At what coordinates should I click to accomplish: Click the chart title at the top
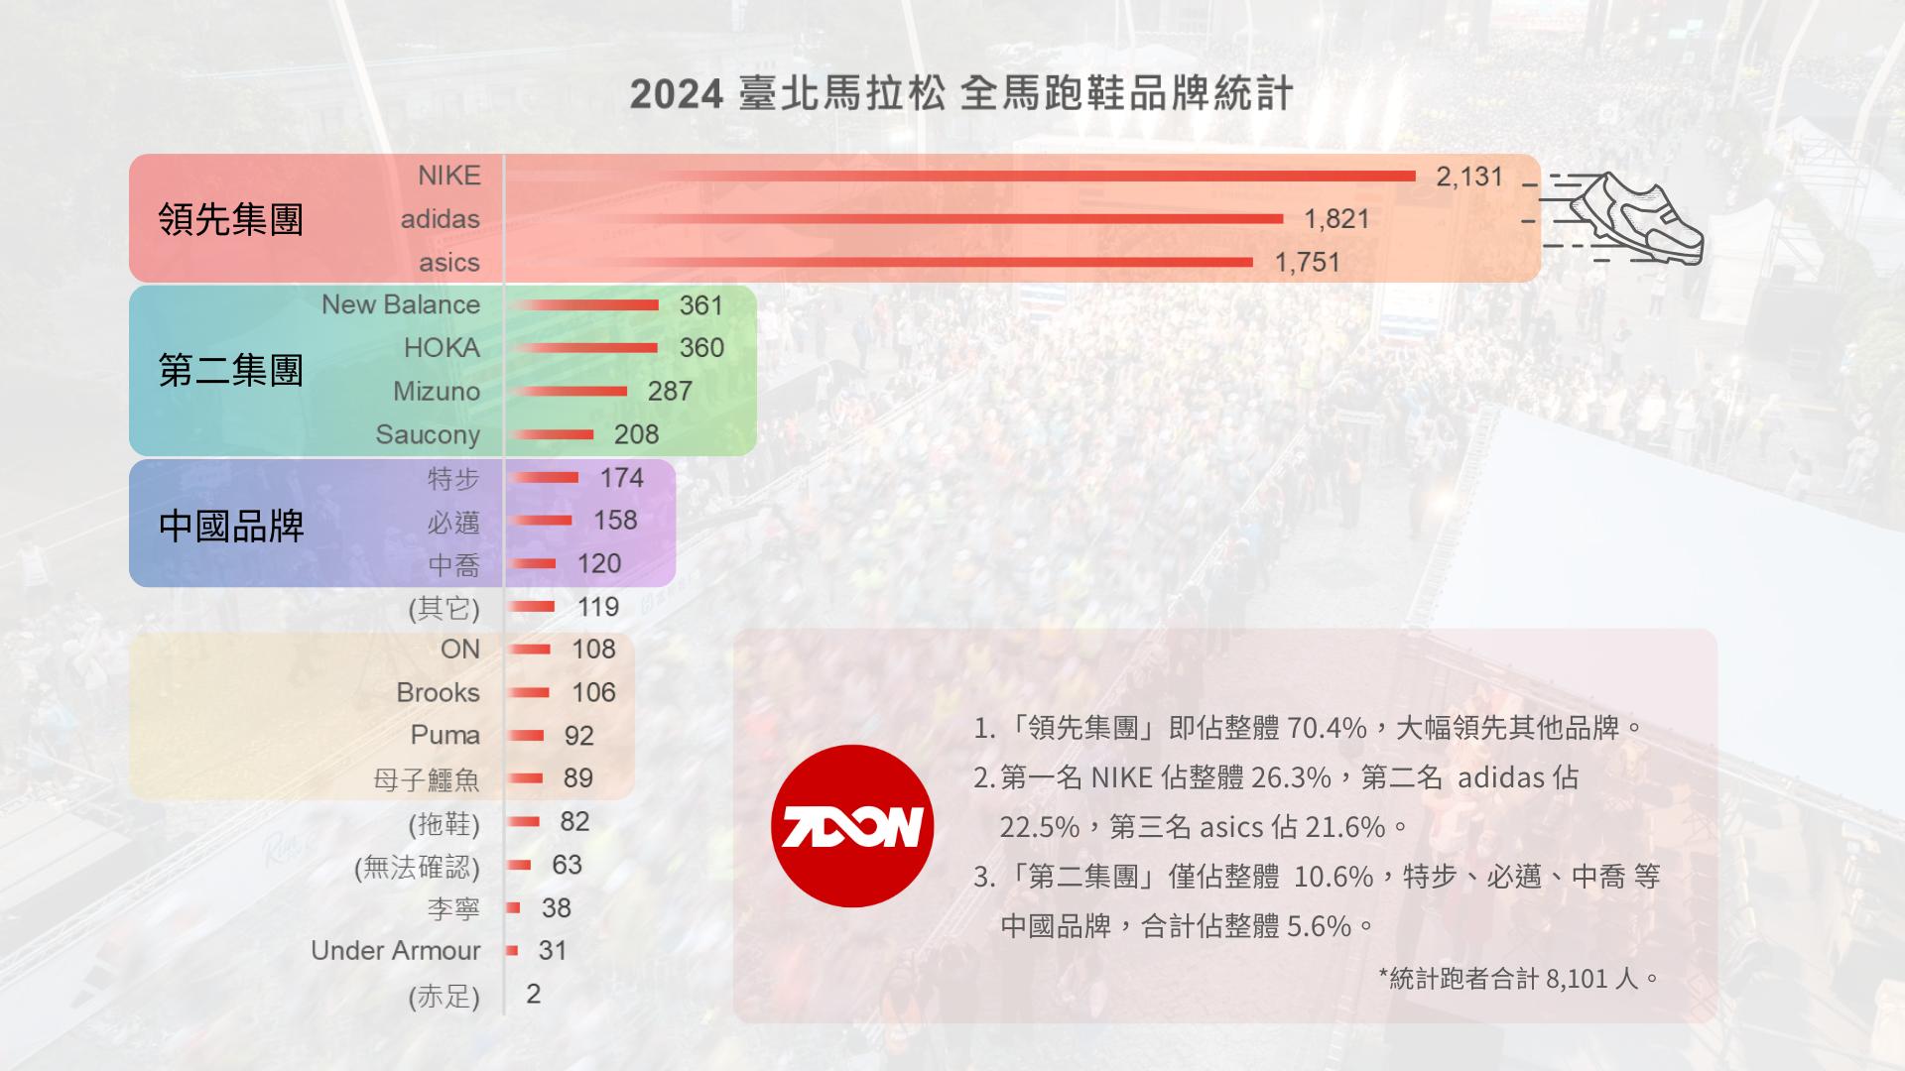coord(960,94)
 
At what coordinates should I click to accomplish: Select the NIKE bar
coord(962,177)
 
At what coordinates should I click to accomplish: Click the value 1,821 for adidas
coord(1336,219)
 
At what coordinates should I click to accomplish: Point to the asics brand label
coord(448,263)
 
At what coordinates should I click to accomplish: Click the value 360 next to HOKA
coord(701,348)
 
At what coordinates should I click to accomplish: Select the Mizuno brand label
coord(436,392)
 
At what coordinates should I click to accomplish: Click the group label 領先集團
coord(230,219)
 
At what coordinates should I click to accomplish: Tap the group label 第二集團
coord(230,371)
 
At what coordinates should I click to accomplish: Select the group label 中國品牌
coord(230,526)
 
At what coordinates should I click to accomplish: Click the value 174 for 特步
coord(621,478)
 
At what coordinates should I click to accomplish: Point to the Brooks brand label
coord(438,692)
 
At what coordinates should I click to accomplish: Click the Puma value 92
coord(578,736)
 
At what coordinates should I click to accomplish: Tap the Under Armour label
coord(395,951)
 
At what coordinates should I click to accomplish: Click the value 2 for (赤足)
coord(534,994)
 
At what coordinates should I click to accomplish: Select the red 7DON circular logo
coord(852,826)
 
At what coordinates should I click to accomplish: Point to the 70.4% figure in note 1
coord(1327,729)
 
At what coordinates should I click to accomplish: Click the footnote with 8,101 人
coord(1518,979)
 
